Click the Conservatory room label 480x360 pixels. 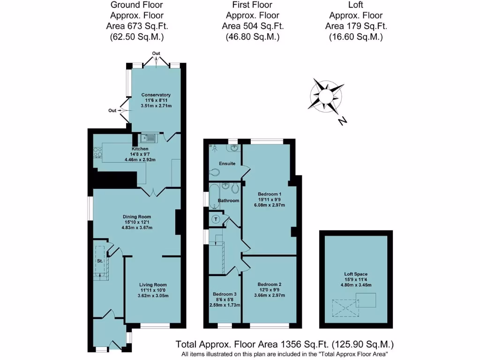156,95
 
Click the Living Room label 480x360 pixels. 153,285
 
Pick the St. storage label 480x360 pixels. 100,260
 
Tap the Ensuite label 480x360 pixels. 227,164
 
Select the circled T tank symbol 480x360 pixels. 216,219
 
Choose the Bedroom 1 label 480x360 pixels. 270,194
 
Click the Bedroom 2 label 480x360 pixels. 270,285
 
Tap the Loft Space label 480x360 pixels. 355,274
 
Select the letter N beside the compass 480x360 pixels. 343,121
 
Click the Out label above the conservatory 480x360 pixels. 156,53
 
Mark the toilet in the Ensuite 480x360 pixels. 214,173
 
